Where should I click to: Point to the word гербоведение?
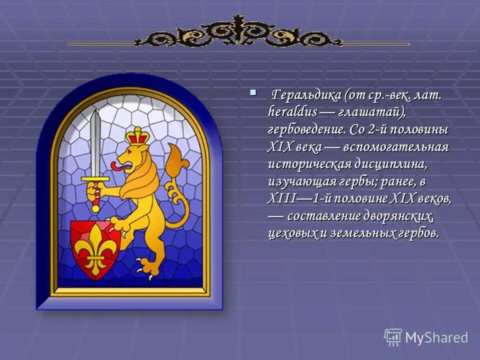point(305,129)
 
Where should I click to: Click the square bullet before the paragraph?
point(253,92)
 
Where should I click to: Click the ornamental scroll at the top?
point(238,34)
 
